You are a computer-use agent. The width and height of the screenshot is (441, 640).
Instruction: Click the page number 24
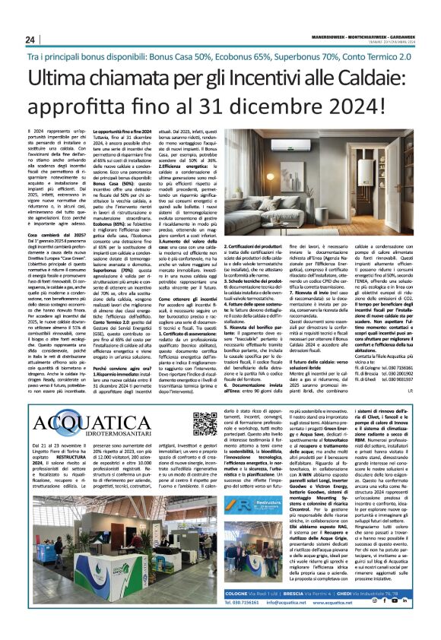(30, 40)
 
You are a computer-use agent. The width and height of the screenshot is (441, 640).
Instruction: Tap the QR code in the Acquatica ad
(205, 423)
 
